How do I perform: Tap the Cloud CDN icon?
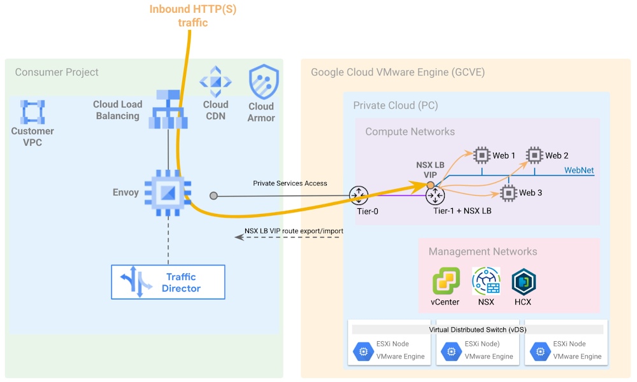point(216,81)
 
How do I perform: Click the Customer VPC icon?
point(32,112)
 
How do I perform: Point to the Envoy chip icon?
point(168,193)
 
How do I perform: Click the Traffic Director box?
point(168,282)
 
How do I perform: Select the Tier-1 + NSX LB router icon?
point(436,196)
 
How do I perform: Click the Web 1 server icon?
point(482,155)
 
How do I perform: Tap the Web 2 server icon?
point(534,155)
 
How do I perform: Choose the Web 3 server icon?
point(508,192)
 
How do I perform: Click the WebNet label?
point(579,170)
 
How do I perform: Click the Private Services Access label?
point(290,183)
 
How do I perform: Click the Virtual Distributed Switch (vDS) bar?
point(478,329)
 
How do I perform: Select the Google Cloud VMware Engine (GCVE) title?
point(397,73)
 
